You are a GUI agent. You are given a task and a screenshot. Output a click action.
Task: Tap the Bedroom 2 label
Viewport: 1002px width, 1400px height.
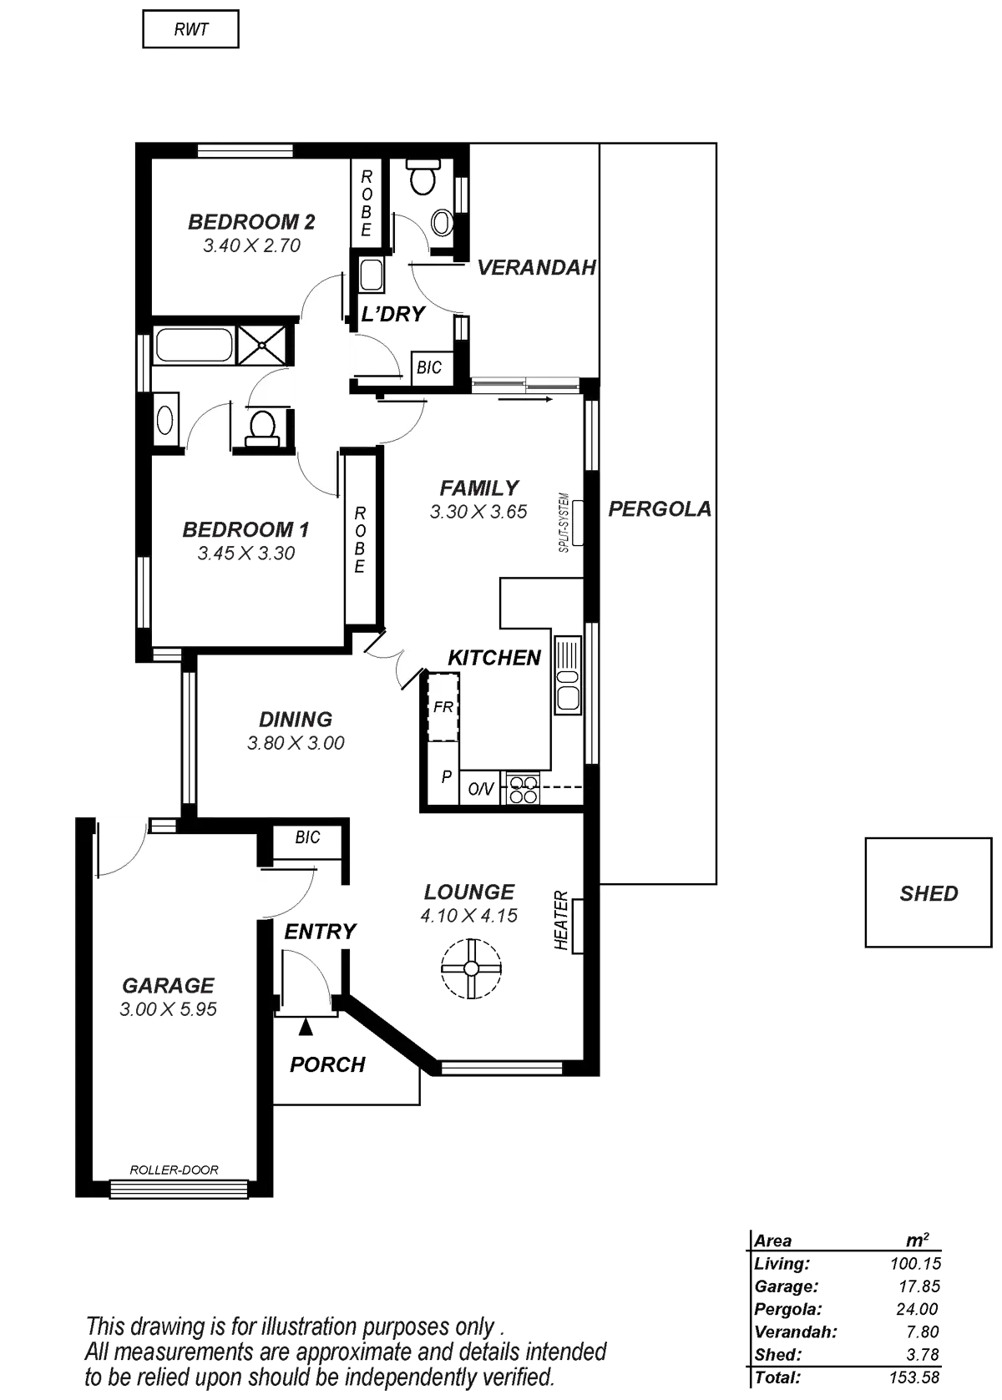(251, 222)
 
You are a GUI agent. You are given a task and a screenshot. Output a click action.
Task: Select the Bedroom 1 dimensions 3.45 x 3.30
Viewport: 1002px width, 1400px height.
(246, 553)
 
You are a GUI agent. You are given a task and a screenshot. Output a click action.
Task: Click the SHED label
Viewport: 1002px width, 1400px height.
(929, 893)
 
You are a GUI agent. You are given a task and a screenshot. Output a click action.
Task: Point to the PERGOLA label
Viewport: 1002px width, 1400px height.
(660, 509)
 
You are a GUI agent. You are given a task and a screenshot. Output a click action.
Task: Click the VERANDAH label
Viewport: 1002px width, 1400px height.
(536, 268)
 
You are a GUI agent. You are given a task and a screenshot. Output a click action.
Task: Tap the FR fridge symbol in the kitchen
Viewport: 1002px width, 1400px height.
(443, 706)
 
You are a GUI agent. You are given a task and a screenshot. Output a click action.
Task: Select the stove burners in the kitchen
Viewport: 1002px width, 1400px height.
(523, 789)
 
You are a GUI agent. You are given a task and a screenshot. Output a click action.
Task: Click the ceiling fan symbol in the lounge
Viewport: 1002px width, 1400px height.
(472, 968)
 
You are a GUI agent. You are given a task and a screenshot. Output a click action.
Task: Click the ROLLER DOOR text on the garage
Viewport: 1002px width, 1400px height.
(174, 1170)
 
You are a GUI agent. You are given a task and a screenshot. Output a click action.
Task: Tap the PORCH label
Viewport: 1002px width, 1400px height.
(327, 1064)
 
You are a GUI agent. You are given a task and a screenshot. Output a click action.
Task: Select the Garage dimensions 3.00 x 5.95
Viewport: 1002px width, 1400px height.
(169, 1009)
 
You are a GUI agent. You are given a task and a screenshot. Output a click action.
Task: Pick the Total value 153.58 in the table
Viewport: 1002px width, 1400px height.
(915, 1377)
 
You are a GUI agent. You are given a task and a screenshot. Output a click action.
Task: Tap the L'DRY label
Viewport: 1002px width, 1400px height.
(392, 315)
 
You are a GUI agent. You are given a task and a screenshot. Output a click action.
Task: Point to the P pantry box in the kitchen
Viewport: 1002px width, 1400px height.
(445, 779)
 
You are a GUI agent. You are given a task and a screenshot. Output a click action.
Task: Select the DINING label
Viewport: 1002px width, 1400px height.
(296, 719)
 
